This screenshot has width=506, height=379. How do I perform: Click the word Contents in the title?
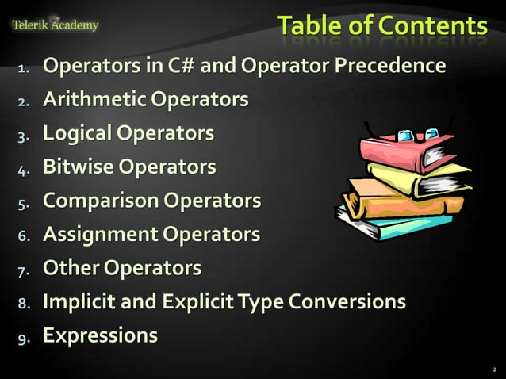pyautogui.click(x=432, y=25)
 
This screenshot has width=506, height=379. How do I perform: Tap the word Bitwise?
pyautogui.click(x=76, y=167)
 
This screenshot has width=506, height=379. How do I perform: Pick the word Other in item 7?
pyautogui.click(x=67, y=268)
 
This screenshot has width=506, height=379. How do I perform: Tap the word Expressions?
pyautogui.click(x=100, y=335)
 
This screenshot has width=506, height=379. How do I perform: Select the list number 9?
pyautogui.click(x=23, y=337)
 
